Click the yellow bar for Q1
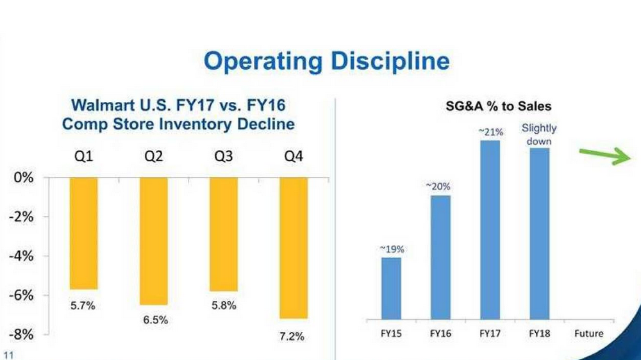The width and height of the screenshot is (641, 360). click(x=83, y=233)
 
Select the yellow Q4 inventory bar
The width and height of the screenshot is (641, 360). click(x=293, y=247)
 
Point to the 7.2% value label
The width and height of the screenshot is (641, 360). click(x=292, y=336)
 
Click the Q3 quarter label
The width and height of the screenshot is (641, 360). click(x=223, y=156)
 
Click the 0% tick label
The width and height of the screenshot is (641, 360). click(x=23, y=177)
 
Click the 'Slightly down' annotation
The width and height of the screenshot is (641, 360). click(x=538, y=135)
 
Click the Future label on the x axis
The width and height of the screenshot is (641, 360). click(x=588, y=334)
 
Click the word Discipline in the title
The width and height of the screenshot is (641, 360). click(x=390, y=61)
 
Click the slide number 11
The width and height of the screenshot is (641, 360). click(x=8, y=355)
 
